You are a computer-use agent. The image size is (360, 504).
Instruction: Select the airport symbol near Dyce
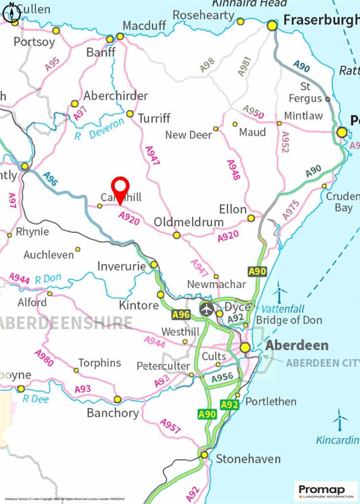[207, 310]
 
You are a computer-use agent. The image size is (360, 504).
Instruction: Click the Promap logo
[326, 491]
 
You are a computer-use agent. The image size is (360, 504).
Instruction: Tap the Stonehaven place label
[248, 459]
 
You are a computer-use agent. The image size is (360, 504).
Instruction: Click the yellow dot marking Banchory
[118, 399]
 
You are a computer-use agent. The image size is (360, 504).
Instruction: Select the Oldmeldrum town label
[189, 222]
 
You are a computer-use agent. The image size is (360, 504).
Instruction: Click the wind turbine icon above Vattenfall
[280, 291]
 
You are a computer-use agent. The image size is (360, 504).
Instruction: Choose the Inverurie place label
[122, 266]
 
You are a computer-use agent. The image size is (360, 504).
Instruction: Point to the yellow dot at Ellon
[251, 218]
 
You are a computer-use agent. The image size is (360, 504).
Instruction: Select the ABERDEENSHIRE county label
[66, 323]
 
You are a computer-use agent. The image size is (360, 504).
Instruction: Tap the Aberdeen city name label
[297, 345]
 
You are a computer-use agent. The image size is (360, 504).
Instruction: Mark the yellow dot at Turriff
[130, 114]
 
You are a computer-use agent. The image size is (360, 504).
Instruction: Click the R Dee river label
[36, 399]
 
